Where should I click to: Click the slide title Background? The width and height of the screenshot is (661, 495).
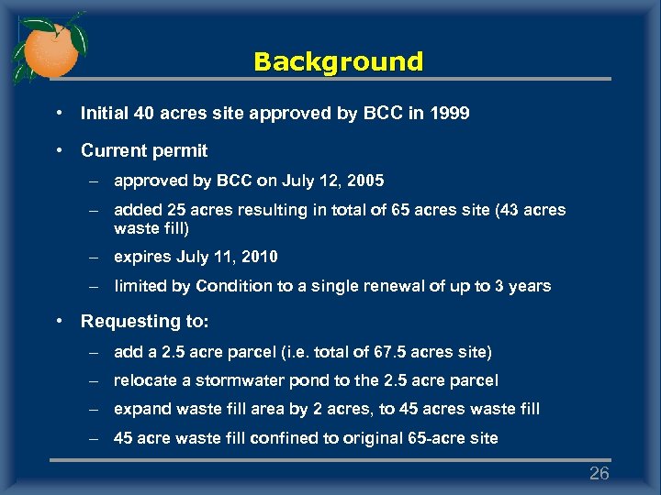(338, 62)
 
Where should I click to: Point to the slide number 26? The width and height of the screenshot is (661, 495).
(599, 473)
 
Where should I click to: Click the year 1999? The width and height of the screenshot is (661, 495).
(450, 115)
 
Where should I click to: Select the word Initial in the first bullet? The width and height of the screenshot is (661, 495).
(102, 115)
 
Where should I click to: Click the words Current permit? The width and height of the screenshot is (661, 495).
(144, 150)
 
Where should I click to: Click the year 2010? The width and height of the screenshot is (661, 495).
(258, 257)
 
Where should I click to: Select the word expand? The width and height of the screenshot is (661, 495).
(141, 409)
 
